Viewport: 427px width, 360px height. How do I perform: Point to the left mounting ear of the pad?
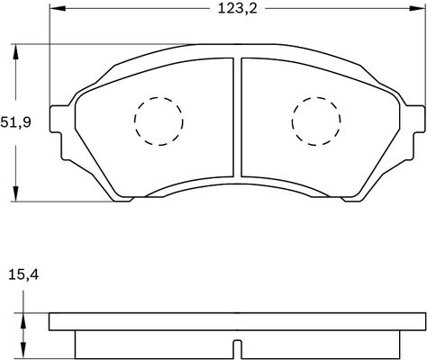59,121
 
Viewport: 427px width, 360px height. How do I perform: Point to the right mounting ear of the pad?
414,121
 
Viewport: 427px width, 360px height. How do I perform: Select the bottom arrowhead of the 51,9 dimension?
15,195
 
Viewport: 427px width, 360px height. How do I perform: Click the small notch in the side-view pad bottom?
237,349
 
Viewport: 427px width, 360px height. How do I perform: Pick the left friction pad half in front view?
153,126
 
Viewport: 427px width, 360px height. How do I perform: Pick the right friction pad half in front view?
320,126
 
